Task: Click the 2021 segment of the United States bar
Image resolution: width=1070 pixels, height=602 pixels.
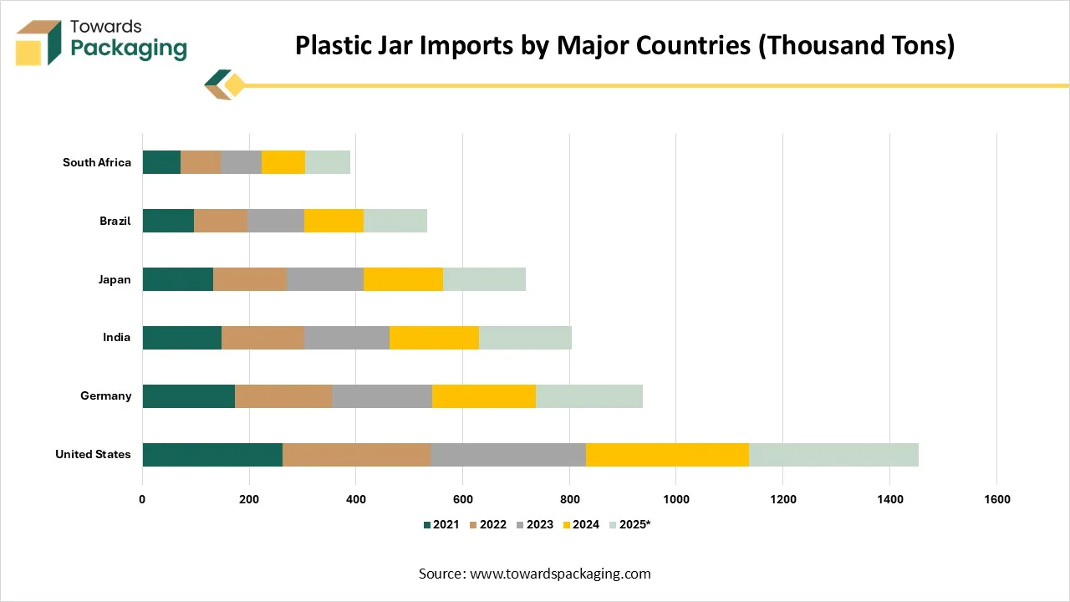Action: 212,454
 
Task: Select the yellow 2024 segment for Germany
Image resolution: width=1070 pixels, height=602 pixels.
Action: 484,395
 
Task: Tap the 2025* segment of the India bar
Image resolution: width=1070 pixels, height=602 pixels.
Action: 525,337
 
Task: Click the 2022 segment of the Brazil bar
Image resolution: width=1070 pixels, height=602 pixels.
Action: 221,221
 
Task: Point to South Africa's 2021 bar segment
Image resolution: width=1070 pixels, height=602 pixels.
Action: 161,162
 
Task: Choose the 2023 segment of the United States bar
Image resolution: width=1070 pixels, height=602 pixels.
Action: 508,454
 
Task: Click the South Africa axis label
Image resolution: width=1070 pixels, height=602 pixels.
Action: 97,162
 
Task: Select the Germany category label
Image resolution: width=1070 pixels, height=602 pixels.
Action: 106,395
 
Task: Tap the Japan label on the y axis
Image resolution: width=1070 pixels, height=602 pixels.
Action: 115,279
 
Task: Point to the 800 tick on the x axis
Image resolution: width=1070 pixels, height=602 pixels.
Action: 569,499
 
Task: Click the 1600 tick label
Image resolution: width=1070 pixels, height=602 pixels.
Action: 996,499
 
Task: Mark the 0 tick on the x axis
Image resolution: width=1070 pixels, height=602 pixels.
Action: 143,499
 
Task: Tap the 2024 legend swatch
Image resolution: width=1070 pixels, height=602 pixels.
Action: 567,525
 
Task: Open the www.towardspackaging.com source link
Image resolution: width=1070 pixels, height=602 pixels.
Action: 560,574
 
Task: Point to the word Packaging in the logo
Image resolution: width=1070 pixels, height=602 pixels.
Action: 129,48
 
